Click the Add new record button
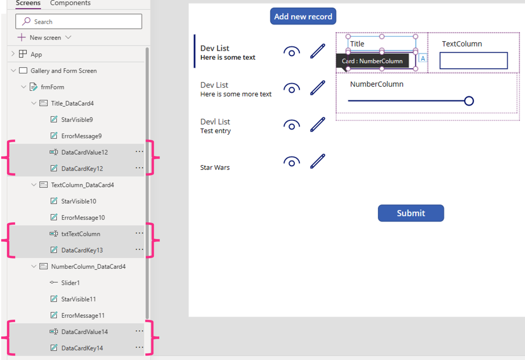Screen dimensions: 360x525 [x=303, y=16]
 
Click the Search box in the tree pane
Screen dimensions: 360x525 [x=79, y=22]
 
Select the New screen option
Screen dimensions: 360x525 [x=45, y=38]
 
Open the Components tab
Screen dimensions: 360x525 [x=70, y=3]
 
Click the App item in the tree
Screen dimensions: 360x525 [x=36, y=54]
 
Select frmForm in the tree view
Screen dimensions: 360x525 [x=52, y=87]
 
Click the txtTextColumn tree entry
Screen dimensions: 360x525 [x=81, y=234]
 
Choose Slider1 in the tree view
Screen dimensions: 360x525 [x=70, y=283]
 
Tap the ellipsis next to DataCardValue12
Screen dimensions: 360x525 [x=139, y=152]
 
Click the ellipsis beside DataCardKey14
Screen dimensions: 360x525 [x=139, y=347]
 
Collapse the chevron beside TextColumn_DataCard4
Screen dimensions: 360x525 [x=33, y=185]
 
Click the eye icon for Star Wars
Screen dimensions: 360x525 [x=291, y=162]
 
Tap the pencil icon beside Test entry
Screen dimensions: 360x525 [x=318, y=124]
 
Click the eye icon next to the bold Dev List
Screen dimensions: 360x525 [x=291, y=52]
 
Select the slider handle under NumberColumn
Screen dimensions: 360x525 [x=469, y=101]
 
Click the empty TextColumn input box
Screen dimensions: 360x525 [x=473, y=60]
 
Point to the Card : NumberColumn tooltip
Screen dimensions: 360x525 [x=372, y=61]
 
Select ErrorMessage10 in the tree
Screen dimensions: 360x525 [x=83, y=218]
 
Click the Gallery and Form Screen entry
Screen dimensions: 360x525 [x=64, y=71]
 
